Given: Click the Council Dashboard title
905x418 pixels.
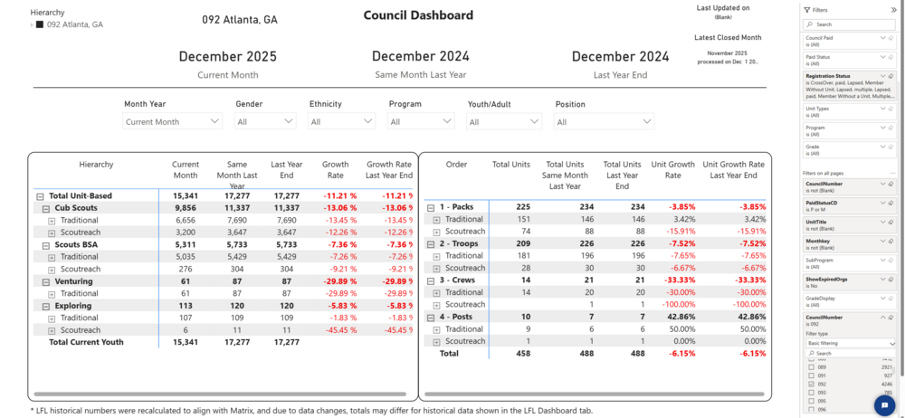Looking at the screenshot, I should click(x=418, y=15).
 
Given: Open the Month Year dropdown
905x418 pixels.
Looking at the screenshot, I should click(x=173, y=121).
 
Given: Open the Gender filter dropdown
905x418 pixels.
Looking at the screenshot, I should click(x=265, y=121).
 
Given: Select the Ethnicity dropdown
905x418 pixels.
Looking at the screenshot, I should click(x=341, y=121).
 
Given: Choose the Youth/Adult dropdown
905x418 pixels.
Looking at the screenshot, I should click(x=503, y=121).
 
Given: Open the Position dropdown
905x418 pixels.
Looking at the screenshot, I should click(x=604, y=121).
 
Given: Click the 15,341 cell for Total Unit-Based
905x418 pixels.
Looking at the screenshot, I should click(x=185, y=195).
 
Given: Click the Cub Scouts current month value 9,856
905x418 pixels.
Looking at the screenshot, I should click(x=185, y=208).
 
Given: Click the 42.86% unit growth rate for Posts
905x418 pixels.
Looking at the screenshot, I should click(x=673, y=317).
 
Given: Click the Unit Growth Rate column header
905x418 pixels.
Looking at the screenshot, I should click(x=673, y=170).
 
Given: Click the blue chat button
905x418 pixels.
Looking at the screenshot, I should click(x=884, y=405).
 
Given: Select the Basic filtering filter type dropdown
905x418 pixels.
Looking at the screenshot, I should click(x=849, y=344).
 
